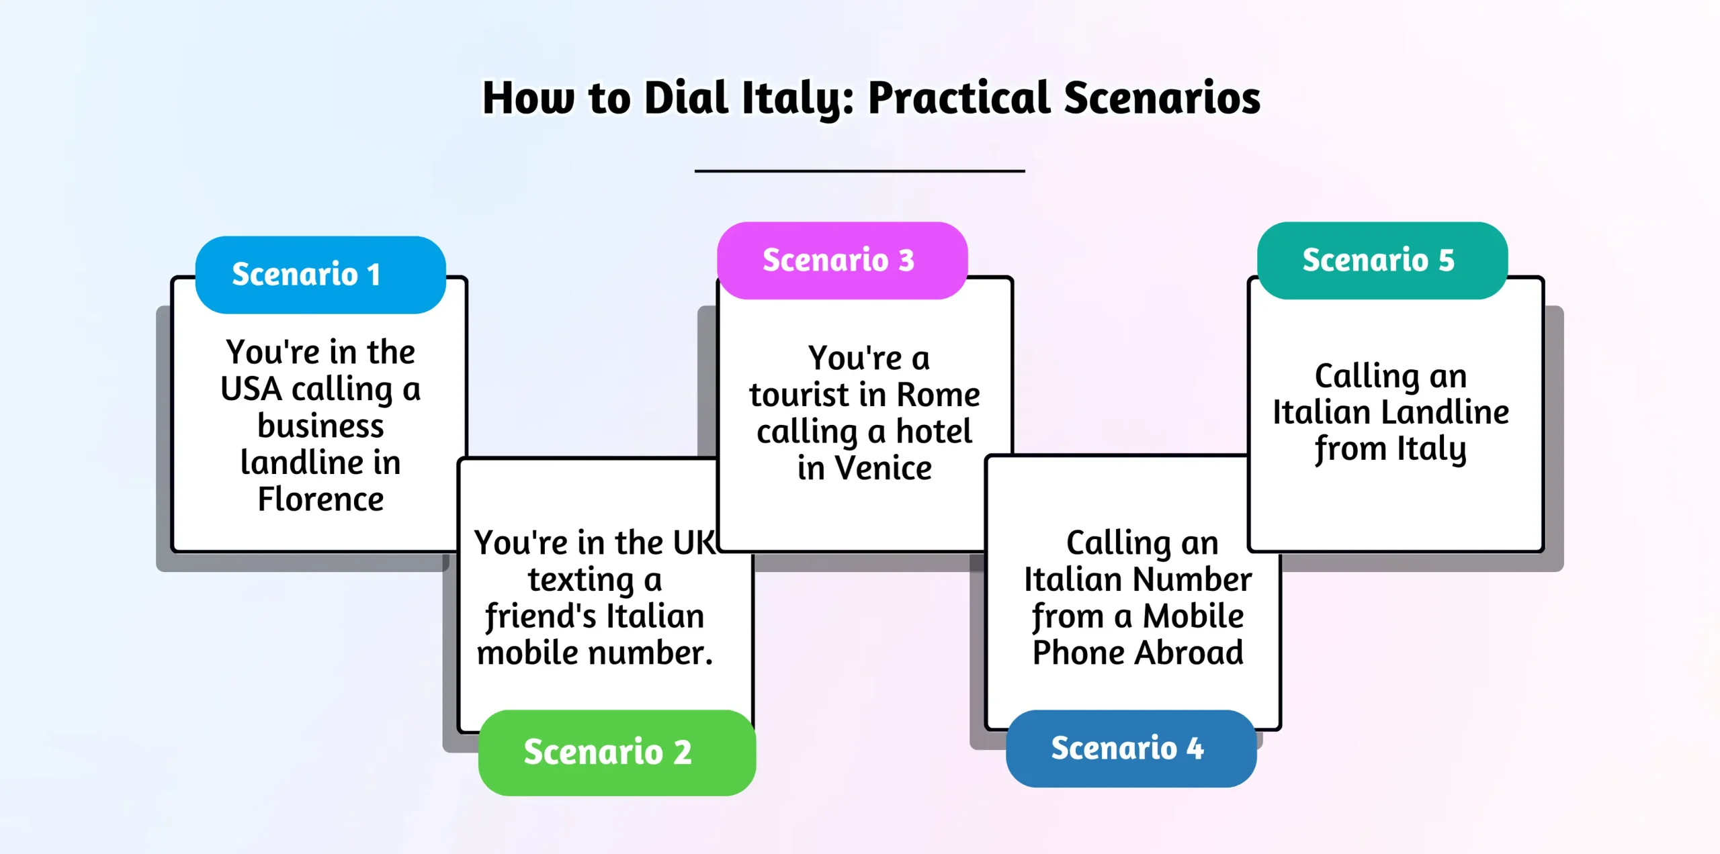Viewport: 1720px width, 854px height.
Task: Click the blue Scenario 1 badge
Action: (320, 275)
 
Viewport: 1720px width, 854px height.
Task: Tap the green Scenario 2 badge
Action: (617, 752)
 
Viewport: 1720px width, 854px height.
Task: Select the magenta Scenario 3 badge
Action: (842, 260)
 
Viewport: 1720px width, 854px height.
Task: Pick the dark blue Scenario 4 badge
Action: (1131, 749)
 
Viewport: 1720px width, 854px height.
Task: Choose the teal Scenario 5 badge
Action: (1382, 260)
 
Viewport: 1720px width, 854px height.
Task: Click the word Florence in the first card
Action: (320, 500)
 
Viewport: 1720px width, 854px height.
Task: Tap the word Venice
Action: (883, 469)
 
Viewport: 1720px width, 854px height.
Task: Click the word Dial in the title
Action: (686, 98)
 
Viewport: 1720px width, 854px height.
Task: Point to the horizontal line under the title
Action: (859, 171)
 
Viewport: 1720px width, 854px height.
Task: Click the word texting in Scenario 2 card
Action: (580, 580)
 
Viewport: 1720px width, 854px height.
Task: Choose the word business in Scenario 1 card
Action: (320, 426)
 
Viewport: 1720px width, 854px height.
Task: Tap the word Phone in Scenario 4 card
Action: (1077, 653)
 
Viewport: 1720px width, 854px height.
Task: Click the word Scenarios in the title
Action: (1162, 98)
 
